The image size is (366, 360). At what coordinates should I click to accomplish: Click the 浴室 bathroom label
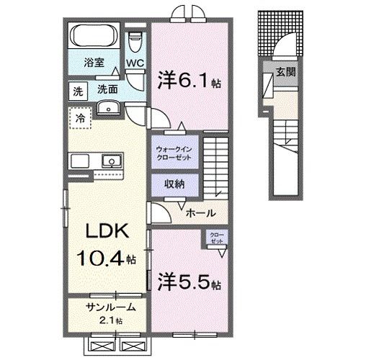[94, 62]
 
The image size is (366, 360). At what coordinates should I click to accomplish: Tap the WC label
[135, 63]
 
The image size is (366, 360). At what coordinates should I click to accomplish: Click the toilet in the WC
[135, 42]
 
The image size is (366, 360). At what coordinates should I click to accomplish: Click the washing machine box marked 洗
[76, 91]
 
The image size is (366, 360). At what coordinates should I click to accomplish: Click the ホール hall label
[198, 213]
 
